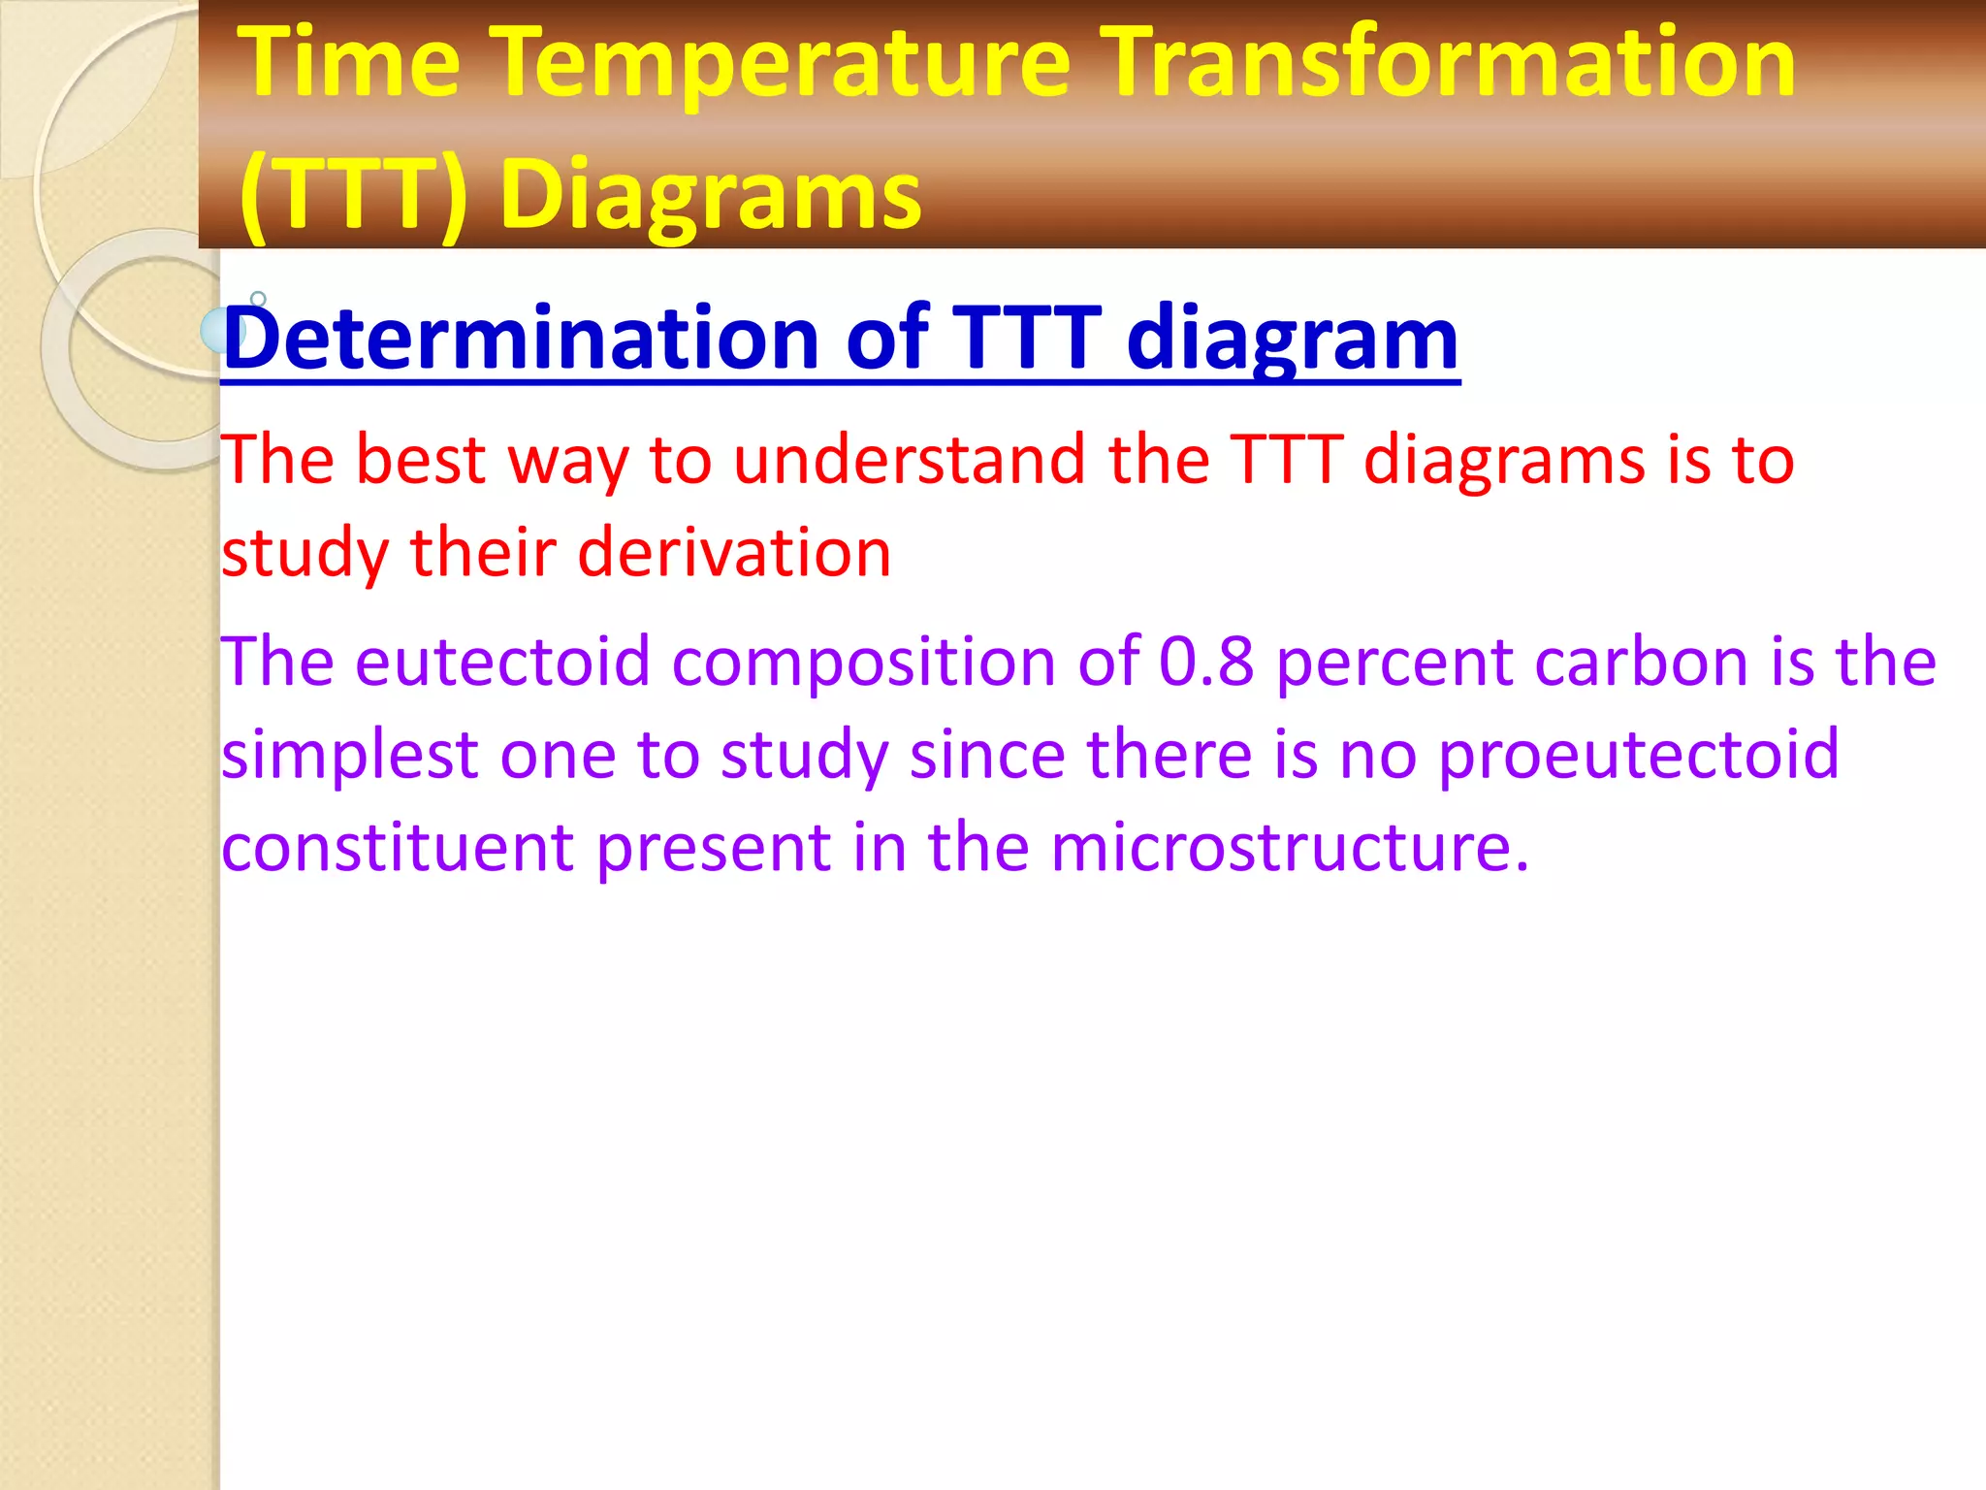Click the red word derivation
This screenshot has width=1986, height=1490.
734,553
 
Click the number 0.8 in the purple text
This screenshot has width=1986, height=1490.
1206,662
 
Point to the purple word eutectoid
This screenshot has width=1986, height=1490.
501,662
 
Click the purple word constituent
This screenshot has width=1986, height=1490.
398,848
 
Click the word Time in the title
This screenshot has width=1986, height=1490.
349,64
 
